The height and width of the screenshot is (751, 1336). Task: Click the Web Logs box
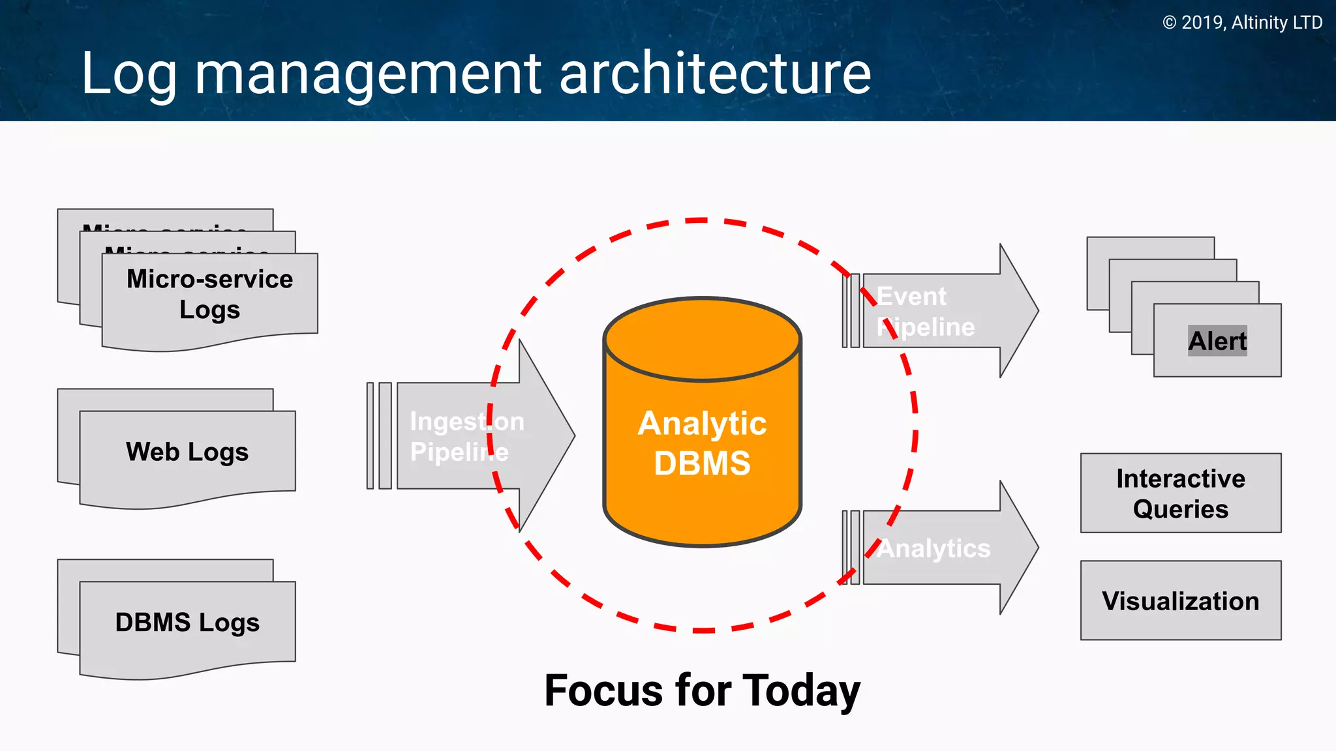[x=187, y=452]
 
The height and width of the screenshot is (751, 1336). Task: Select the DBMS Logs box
[x=187, y=623]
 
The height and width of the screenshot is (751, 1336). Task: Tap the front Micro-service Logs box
[x=209, y=295]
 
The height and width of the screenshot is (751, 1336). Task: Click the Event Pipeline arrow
[x=939, y=311]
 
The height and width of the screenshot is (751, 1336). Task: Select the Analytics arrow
[x=939, y=548]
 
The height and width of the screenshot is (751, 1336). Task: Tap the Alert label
[x=1217, y=341]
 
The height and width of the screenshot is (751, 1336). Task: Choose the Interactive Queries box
[x=1181, y=493]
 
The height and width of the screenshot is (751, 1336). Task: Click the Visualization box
[x=1181, y=600]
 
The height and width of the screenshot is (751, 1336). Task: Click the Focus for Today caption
[x=702, y=690]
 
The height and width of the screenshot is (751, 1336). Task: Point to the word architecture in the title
[x=715, y=73]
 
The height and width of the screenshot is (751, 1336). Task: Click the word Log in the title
[x=129, y=74]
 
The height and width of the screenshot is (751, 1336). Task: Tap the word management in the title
[x=368, y=74]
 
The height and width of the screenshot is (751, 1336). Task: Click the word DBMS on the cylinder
[x=703, y=464]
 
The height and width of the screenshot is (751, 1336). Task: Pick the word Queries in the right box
[x=1181, y=509]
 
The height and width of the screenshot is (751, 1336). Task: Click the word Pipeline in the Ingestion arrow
[x=459, y=452]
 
